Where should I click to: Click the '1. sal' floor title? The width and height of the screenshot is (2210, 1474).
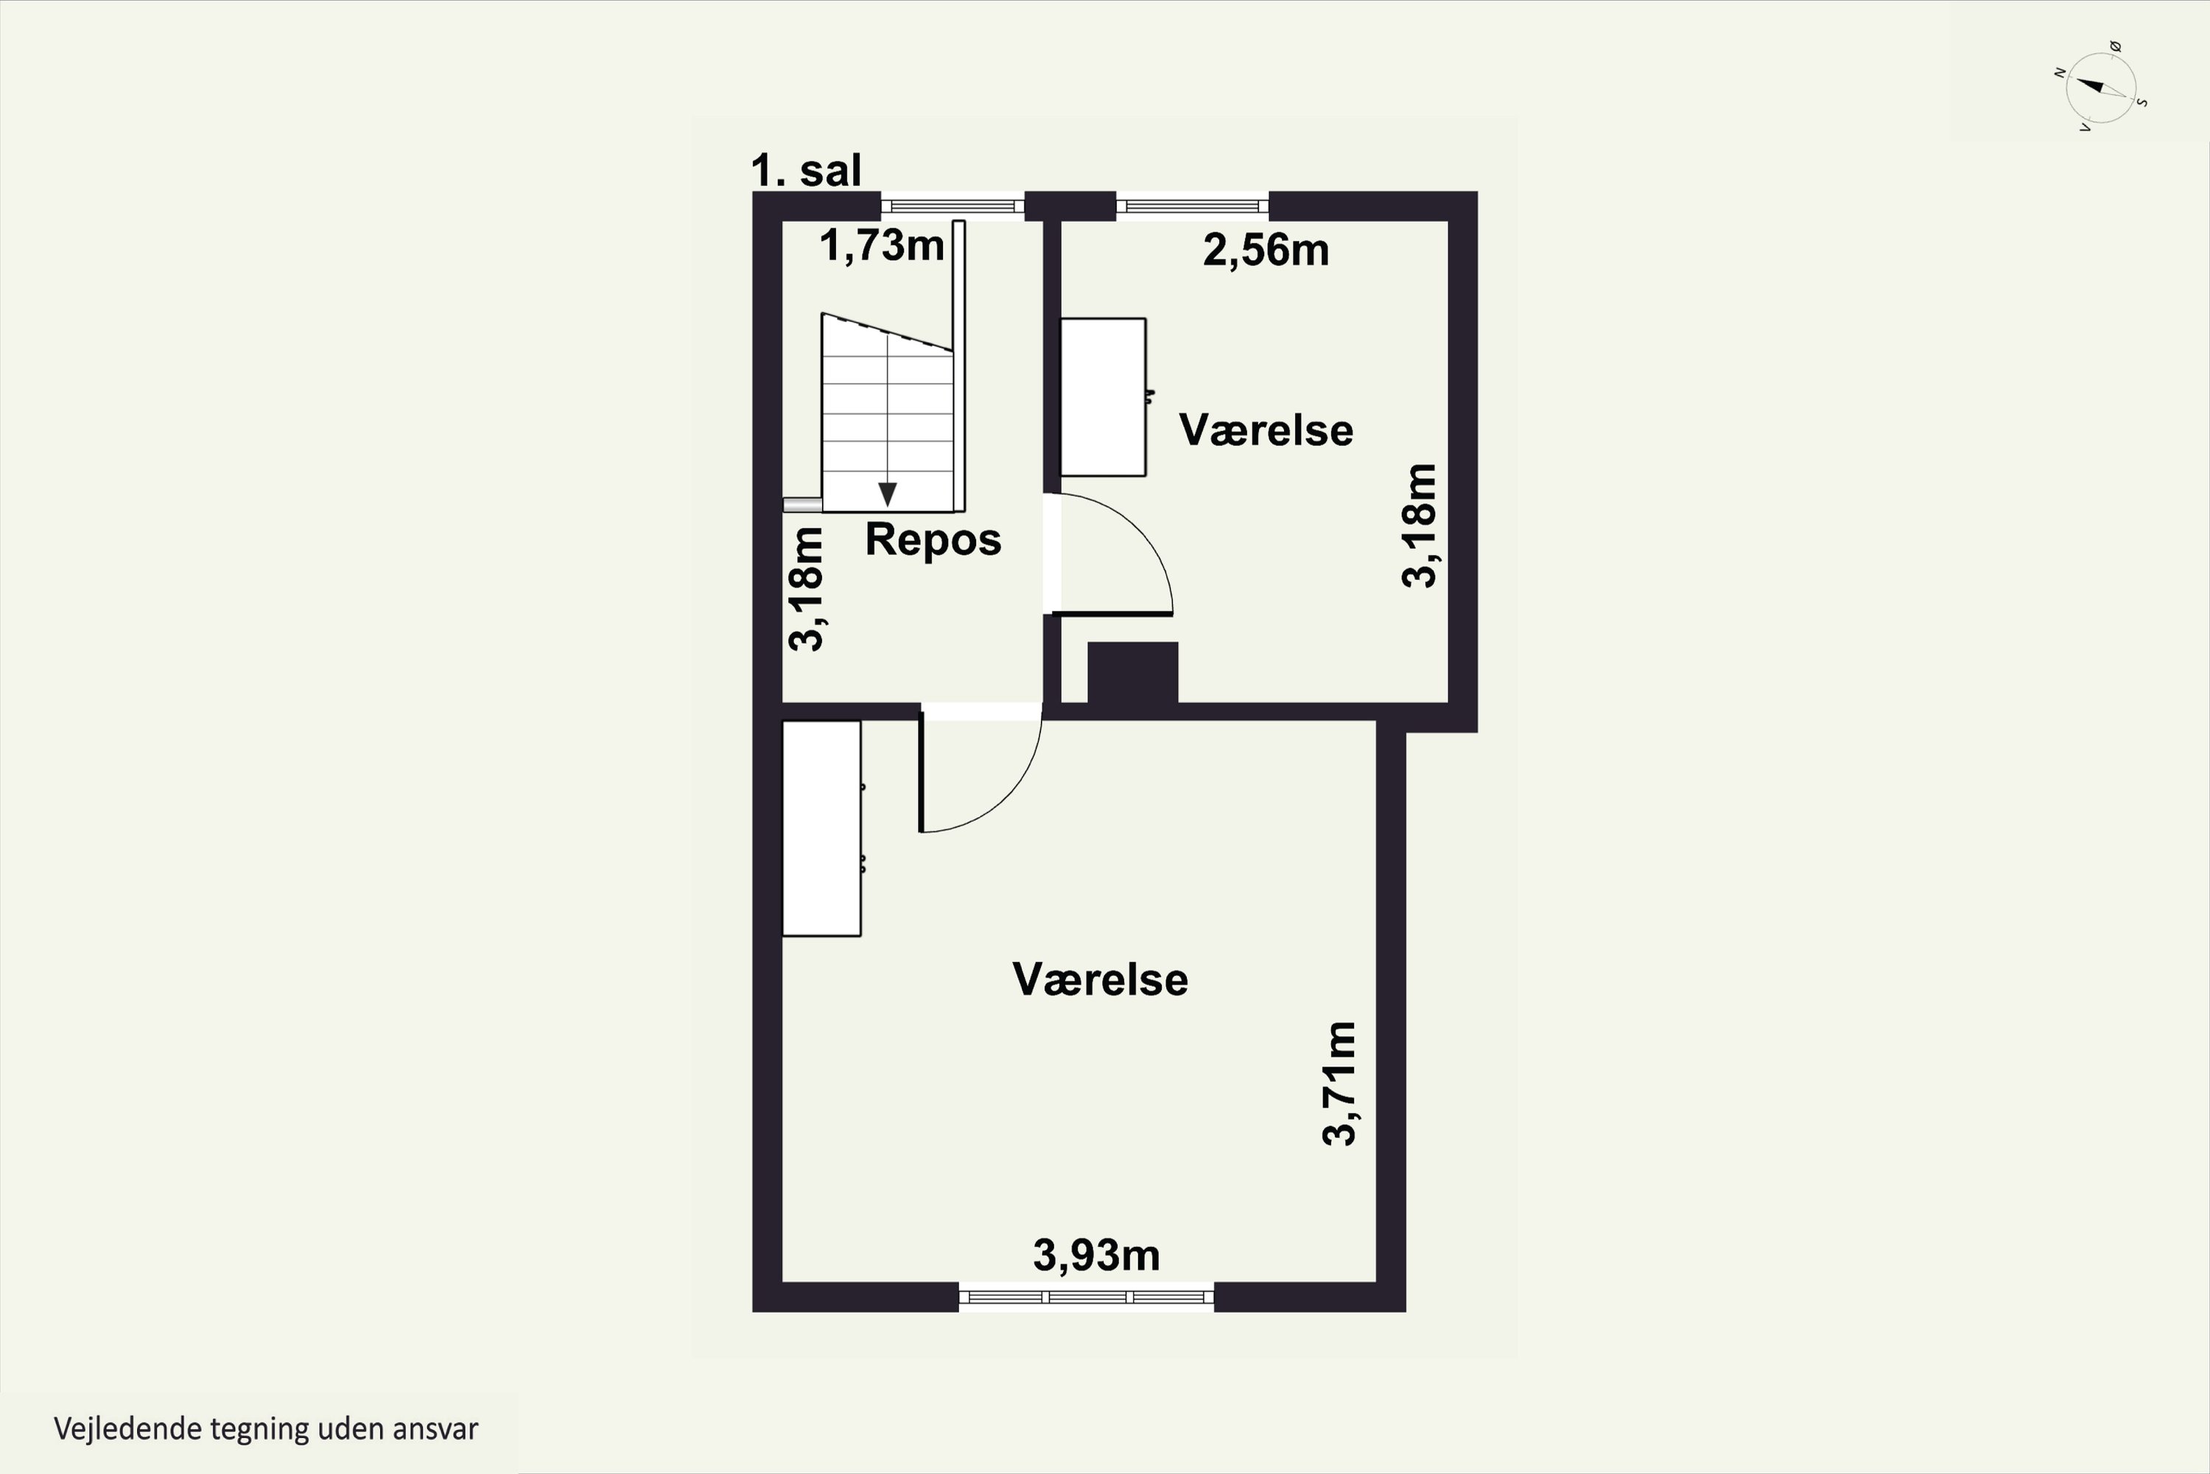click(x=806, y=171)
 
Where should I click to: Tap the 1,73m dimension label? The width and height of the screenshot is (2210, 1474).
click(x=881, y=245)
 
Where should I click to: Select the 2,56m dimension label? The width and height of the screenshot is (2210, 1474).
click(x=1266, y=250)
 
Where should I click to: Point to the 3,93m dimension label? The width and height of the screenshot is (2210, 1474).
click(x=1097, y=1255)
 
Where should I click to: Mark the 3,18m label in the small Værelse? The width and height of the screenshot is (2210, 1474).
click(x=1419, y=525)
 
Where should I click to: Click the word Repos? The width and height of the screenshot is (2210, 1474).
click(x=933, y=539)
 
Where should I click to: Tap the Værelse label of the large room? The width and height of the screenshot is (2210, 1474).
click(x=1101, y=979)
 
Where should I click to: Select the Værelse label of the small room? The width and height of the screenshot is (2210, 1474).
click(x=1266, y=430)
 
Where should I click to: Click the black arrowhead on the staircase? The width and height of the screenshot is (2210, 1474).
click(x=887, y=495)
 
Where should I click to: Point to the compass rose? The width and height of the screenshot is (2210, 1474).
click(x=2102, y=88)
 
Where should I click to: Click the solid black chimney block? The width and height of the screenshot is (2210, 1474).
click(x=1132, y=672)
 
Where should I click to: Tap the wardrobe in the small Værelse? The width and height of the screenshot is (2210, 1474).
click(x=1103, y=397)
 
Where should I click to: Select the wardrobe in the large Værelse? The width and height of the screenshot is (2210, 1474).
click(x=822, y=828)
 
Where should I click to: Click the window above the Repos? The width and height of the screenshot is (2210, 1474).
click(x=952, y=206)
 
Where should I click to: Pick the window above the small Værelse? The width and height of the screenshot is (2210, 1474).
click(x=1193, y=206)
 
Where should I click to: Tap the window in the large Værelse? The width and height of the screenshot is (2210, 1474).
click(x=1086, y=1297)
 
